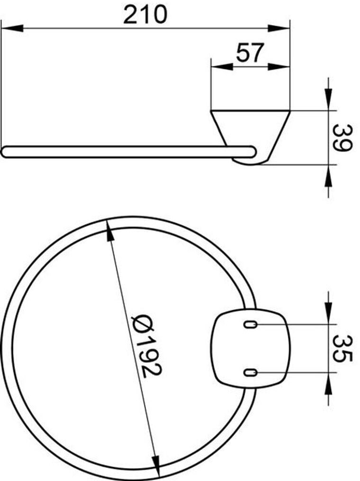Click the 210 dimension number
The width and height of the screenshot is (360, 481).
(x=145, y=15)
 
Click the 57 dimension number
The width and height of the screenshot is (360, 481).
(x=250, y=53)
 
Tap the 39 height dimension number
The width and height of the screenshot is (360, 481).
(x=341, y=137)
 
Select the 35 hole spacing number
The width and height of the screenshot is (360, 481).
(x=341, y=348)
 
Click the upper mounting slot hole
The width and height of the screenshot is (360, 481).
(x=250, y=324)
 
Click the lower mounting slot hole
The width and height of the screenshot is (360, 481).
(x=250, y=373)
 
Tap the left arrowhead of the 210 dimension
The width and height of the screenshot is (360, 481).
(x=12, y=28)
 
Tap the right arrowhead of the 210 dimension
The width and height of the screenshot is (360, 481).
(x=279, y=28)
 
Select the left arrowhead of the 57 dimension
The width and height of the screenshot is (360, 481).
(x=222, y=67)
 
